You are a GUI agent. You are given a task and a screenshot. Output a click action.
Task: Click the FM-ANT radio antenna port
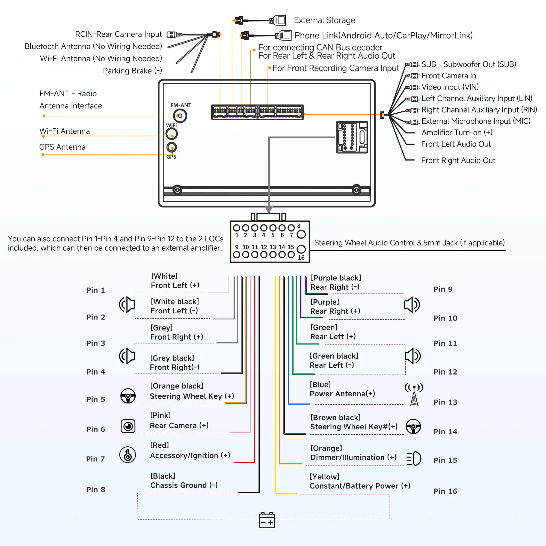click(x=180, y=116)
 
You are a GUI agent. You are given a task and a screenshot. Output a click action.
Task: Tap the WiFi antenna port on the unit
click(x=171, y=134)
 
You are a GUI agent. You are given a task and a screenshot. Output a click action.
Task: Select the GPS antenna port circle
click(x=171, y=147)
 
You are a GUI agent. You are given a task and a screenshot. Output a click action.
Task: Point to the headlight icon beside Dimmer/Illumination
click(x=414, y=458)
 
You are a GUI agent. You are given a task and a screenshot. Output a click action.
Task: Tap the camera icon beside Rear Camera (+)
click(x=128, y=426)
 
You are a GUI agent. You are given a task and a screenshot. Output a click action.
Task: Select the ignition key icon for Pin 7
click(x=128, y=455)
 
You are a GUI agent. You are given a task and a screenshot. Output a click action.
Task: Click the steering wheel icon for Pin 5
click(x=128, y=396)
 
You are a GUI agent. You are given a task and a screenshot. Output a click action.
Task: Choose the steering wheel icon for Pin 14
click(x=413, y=426)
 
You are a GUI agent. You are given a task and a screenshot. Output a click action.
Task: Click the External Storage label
click(x=324, y=20)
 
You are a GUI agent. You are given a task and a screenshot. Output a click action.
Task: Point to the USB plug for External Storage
click(x=278, y=20)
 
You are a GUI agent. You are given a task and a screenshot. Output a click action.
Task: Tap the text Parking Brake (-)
click(x=132, y=71)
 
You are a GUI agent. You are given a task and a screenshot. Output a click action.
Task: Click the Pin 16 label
click(x=445, y=491)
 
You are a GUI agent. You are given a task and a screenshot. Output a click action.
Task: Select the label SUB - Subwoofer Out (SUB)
click(x=469, y=64)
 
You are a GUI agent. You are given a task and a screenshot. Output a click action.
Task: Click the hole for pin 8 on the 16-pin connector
click(x=301, y=234)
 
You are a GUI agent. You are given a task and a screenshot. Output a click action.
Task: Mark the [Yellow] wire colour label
click(x=324, y=477)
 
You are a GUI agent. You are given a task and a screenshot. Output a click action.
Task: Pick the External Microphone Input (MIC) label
click(x=476, y=121)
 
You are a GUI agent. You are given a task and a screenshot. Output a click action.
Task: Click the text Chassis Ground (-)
click(x=184, y=485)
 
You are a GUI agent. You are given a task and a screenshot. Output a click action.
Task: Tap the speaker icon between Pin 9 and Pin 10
click(x=412, y=305)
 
